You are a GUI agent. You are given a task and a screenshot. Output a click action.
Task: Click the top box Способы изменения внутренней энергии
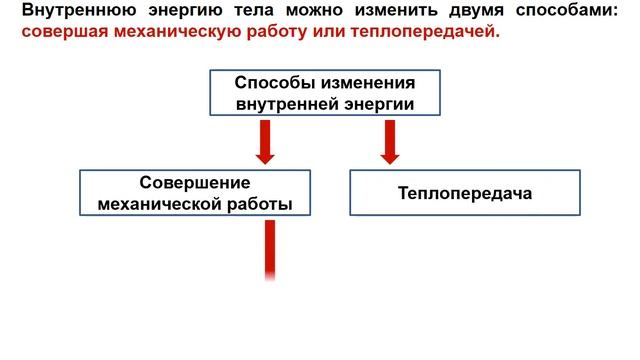(324, 93)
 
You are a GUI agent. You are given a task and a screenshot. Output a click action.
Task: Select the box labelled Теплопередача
(464, 193)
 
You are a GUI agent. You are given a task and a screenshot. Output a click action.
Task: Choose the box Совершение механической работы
(194, 193)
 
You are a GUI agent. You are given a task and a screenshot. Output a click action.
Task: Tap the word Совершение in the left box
(194, 183)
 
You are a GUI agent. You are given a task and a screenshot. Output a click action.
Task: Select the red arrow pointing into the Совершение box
(265, 142)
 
